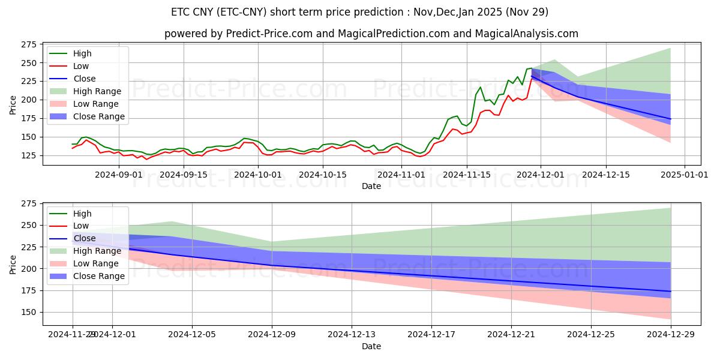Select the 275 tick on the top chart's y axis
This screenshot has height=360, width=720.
pos(28,44)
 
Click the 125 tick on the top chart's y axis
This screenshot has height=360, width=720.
pos(28,155)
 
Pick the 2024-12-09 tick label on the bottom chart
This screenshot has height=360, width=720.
pos(272,334)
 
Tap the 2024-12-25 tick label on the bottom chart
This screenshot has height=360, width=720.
pos(591,334)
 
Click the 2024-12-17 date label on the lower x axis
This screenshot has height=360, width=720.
pos(431,334)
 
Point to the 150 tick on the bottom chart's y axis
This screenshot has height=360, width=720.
pos(28,312)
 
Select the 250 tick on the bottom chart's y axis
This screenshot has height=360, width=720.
pos(28,226)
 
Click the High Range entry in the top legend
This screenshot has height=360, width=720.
pos(97,91)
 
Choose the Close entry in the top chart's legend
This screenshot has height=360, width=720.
pos(83,79)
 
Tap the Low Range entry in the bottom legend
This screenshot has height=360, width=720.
pos(95,264)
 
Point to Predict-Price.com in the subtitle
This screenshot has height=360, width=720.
pos(265,34)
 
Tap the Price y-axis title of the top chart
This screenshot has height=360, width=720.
pos(13,104)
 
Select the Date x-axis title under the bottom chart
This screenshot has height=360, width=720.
pos(371,346)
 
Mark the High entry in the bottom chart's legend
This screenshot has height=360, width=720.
pos(82,214)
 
